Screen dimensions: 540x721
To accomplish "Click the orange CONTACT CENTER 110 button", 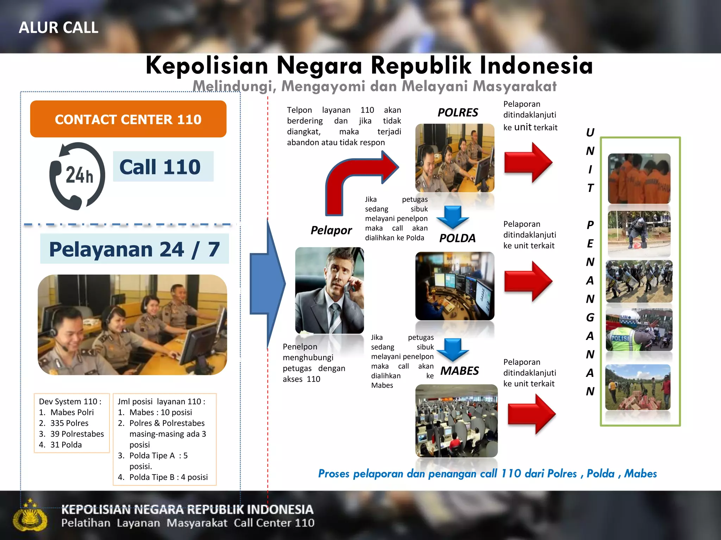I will [x=128, y=119].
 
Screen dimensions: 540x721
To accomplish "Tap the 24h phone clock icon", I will [x=77, y=176].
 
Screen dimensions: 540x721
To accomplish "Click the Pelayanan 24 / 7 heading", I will [x=134, y=249].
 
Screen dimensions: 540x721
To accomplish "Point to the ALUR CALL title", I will [x=58, y=27].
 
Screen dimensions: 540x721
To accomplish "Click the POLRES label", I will [x=458, y=112].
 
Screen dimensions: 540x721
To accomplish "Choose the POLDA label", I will [x=457, y=238].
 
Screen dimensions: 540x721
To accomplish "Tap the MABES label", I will [x=459, y=371].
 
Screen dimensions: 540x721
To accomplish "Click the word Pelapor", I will [x=331, y=230].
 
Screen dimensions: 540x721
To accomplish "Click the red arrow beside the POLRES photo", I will [x=528, y=163].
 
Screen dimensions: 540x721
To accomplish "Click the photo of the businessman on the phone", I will [x=330, y=290].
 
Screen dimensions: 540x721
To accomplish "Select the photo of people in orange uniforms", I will [x=639, y=179].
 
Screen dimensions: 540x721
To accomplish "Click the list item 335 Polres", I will [x=69, y=423].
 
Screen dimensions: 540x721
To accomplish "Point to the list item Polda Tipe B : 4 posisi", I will [x=168, y=477].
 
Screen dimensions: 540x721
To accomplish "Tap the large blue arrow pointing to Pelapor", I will [x=268, y=283].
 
